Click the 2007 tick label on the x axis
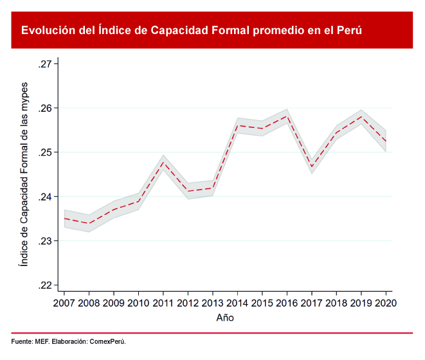point(64,303)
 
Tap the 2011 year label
point(163,303)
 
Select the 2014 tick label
point(237,303)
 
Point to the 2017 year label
point(311,303)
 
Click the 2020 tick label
point(385,303)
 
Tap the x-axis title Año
point(225,318)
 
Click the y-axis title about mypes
point(24,174)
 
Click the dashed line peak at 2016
point(287,116)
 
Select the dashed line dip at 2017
point(311,167)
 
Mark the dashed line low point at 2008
point(89,224)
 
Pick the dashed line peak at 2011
point(163,162)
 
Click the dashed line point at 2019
point(361,116)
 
